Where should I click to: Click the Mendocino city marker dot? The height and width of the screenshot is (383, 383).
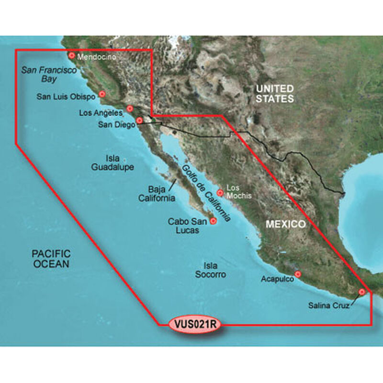click(x=72, y=56)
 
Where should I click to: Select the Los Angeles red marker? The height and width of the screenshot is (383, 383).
click(x=130, y=109)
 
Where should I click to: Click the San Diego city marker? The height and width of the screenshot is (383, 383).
click(x=139, y=120)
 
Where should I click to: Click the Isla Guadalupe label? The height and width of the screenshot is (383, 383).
click(x=113, y=163)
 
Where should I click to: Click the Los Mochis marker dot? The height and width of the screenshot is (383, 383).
click(x=220, y=193)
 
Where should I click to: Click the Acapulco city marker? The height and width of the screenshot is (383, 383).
click(x=298, y=274)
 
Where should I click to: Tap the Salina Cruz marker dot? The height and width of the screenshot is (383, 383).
click(x=362, y=292)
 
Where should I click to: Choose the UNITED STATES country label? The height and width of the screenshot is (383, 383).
click(x=274, y=94)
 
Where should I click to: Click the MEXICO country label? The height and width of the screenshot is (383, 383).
click(x=286, y=224)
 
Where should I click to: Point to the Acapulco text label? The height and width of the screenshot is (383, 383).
click(x=277, y=278)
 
